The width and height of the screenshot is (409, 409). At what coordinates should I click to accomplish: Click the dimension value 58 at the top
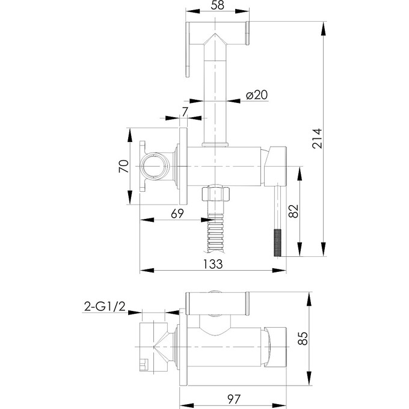point(218,5)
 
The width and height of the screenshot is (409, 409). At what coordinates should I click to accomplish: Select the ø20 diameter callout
point(257,94)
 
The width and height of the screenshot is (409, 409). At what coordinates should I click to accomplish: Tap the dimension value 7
point(185,112)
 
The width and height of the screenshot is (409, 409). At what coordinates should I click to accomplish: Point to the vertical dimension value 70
point(124,166)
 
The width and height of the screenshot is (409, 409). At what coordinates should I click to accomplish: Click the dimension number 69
point(177,214)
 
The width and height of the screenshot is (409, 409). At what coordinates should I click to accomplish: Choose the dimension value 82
point(294,211)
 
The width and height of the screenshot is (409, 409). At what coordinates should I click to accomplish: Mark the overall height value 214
point(317,138)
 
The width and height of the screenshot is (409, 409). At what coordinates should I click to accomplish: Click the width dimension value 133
point(213,264)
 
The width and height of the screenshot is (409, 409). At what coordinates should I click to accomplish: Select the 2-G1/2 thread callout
point(105,306)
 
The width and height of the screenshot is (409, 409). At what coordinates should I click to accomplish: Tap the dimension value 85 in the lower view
point(303,339)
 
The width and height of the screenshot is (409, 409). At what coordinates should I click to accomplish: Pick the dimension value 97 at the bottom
point(234,399)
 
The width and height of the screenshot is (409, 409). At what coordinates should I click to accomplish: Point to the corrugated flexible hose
point(215,233)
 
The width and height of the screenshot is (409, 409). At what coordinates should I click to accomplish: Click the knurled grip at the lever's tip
point(277,242)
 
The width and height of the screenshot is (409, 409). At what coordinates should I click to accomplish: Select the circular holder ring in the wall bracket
point(155,166)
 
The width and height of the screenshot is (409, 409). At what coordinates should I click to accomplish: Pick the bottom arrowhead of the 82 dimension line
point(300,249)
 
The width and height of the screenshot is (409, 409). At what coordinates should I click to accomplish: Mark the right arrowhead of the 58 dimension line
point(242,11)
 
